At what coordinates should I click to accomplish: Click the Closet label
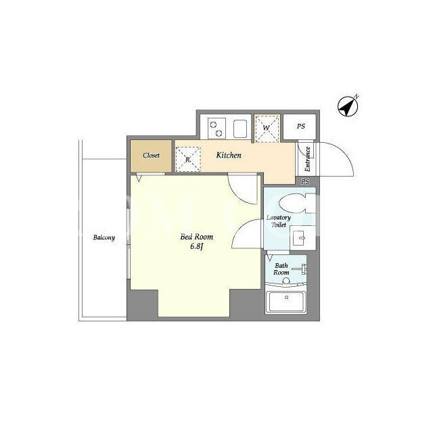(x=151, y=156)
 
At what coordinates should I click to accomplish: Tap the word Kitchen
(x=229, y=155)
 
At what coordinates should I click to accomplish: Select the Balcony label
(x=104, y=237)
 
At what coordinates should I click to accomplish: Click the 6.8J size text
(x=197, y=246)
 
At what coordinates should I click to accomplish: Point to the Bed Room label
(x=197, y=237)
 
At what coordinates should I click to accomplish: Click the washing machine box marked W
(x=267, y=129)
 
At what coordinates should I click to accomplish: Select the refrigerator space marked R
(x=188, y=160)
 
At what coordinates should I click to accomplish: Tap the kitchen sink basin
(x=240, y=129)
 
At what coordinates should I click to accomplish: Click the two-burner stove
(x=216, y=129)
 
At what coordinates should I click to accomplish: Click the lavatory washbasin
(x=302, y=237)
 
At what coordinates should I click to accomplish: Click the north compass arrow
(x=348, y=106)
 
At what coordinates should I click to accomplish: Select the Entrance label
(x=308, y=159)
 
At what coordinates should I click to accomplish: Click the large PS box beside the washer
(x=300, y=127)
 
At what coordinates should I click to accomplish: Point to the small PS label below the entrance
(x=305, y=182)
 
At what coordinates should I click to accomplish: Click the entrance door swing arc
(x=345, y=154)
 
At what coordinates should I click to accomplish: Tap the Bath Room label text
(x=281, y=269)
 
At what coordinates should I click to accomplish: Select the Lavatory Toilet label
(x=278, y=221)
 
